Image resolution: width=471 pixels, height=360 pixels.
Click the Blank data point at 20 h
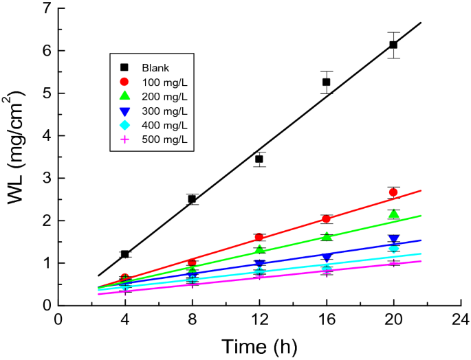393,45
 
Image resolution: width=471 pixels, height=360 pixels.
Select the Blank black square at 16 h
327,82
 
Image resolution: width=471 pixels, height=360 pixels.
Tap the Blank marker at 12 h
259,159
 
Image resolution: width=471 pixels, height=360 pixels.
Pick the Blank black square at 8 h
193,199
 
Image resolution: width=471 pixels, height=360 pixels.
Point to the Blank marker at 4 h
125,254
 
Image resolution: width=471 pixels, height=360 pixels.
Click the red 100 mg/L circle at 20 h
393,192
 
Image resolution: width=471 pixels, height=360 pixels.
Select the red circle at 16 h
327,219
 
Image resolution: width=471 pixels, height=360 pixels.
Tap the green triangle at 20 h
393,214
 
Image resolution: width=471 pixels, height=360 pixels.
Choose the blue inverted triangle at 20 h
393,240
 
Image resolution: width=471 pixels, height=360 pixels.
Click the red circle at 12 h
259,238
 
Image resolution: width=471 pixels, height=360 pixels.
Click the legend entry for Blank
155,67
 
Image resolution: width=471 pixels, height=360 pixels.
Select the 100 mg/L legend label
162,82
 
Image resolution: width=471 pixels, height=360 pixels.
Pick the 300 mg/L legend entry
162,111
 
